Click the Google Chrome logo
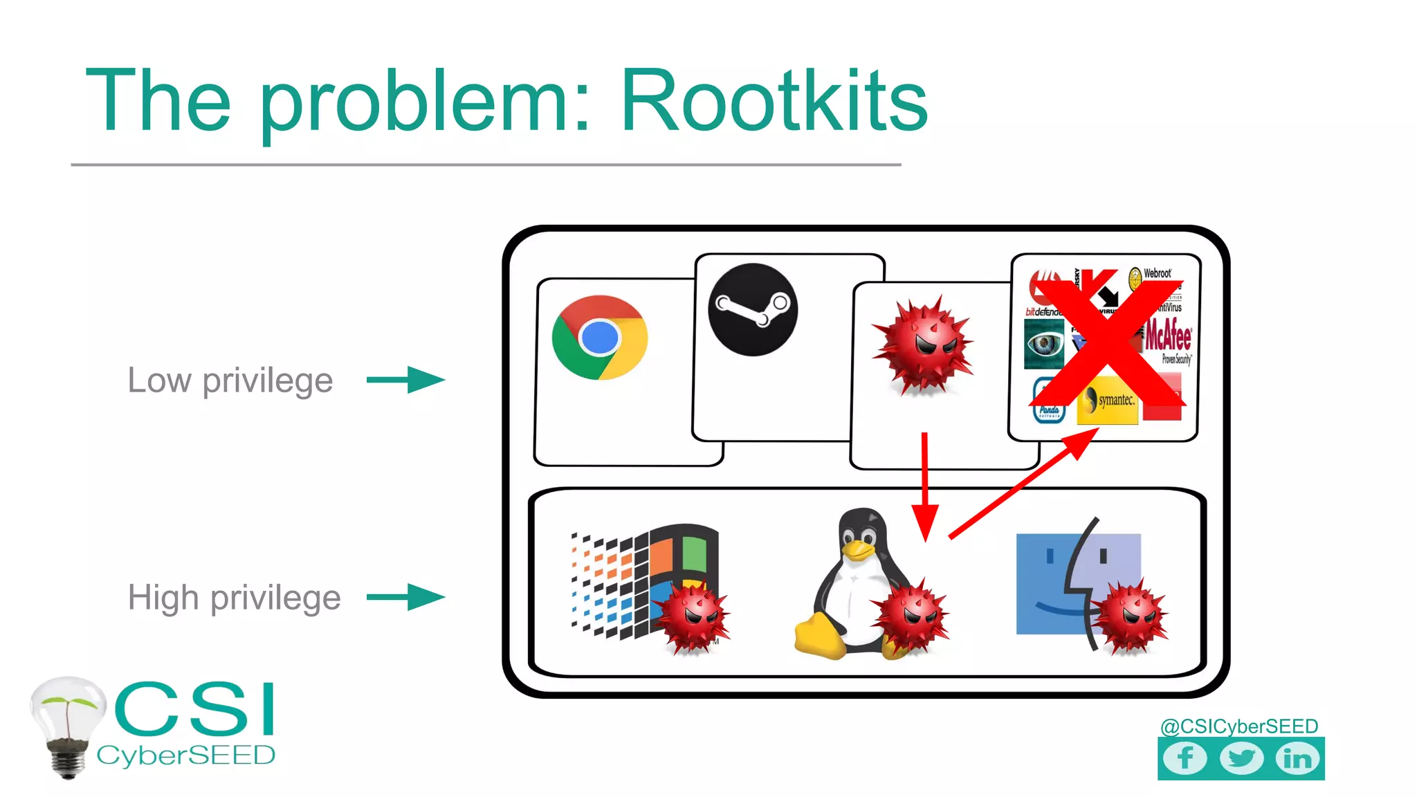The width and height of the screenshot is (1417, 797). pos(600,338)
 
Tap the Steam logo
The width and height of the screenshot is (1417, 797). pos(753,309)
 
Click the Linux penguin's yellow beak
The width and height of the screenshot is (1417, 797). pos(857,550)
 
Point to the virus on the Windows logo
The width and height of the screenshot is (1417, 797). pos(691,617)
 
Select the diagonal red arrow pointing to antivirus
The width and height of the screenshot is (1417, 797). pos(1023,483)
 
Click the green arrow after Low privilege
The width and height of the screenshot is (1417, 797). pos(406,380)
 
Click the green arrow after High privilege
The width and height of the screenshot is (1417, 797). pos(406,597)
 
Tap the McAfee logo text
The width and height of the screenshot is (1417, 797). pos(1169,336)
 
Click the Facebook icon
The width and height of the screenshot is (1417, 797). pos(1185,758)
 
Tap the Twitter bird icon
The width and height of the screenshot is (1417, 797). pos(1241,758)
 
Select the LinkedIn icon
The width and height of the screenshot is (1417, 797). pos(1297,758)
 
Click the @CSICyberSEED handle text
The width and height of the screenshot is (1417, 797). pos(1238,726)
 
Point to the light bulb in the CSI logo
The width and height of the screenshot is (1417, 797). pos(68,723)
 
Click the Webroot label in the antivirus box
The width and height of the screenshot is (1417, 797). pos(1156,274)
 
